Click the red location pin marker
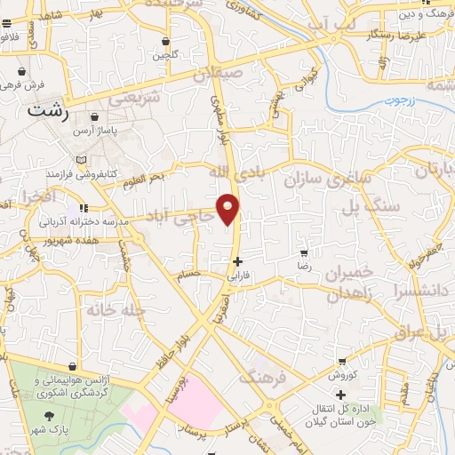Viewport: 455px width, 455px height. [x=229, y=208]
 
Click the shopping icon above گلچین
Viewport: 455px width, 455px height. [x=166, y=42]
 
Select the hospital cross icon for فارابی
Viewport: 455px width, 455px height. [x=237, y=261]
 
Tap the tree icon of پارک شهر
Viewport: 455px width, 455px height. [x=52, y=417]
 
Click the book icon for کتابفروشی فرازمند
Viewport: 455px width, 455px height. [x=84, y=160]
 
